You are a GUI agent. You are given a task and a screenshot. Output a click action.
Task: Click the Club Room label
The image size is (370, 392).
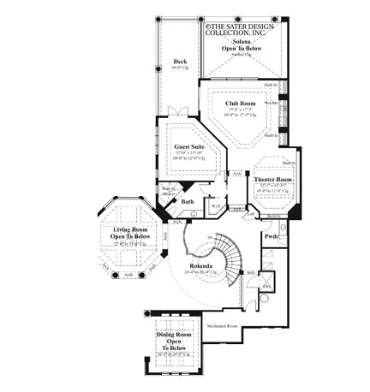[236, 104]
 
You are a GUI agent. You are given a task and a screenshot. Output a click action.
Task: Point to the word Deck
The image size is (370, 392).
[180, 62]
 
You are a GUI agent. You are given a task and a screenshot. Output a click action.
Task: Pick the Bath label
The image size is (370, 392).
[188, 202]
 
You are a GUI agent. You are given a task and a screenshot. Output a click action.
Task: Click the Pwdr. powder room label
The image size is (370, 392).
[272, 235]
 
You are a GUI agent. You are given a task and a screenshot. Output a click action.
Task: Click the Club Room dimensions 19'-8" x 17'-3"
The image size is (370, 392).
[236, 110]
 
